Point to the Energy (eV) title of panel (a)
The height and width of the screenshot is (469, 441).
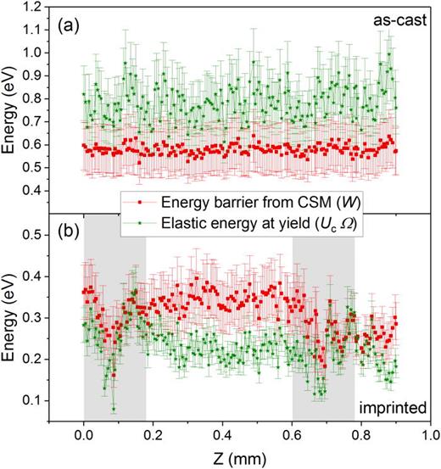11,110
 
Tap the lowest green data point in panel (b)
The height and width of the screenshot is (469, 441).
112,410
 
